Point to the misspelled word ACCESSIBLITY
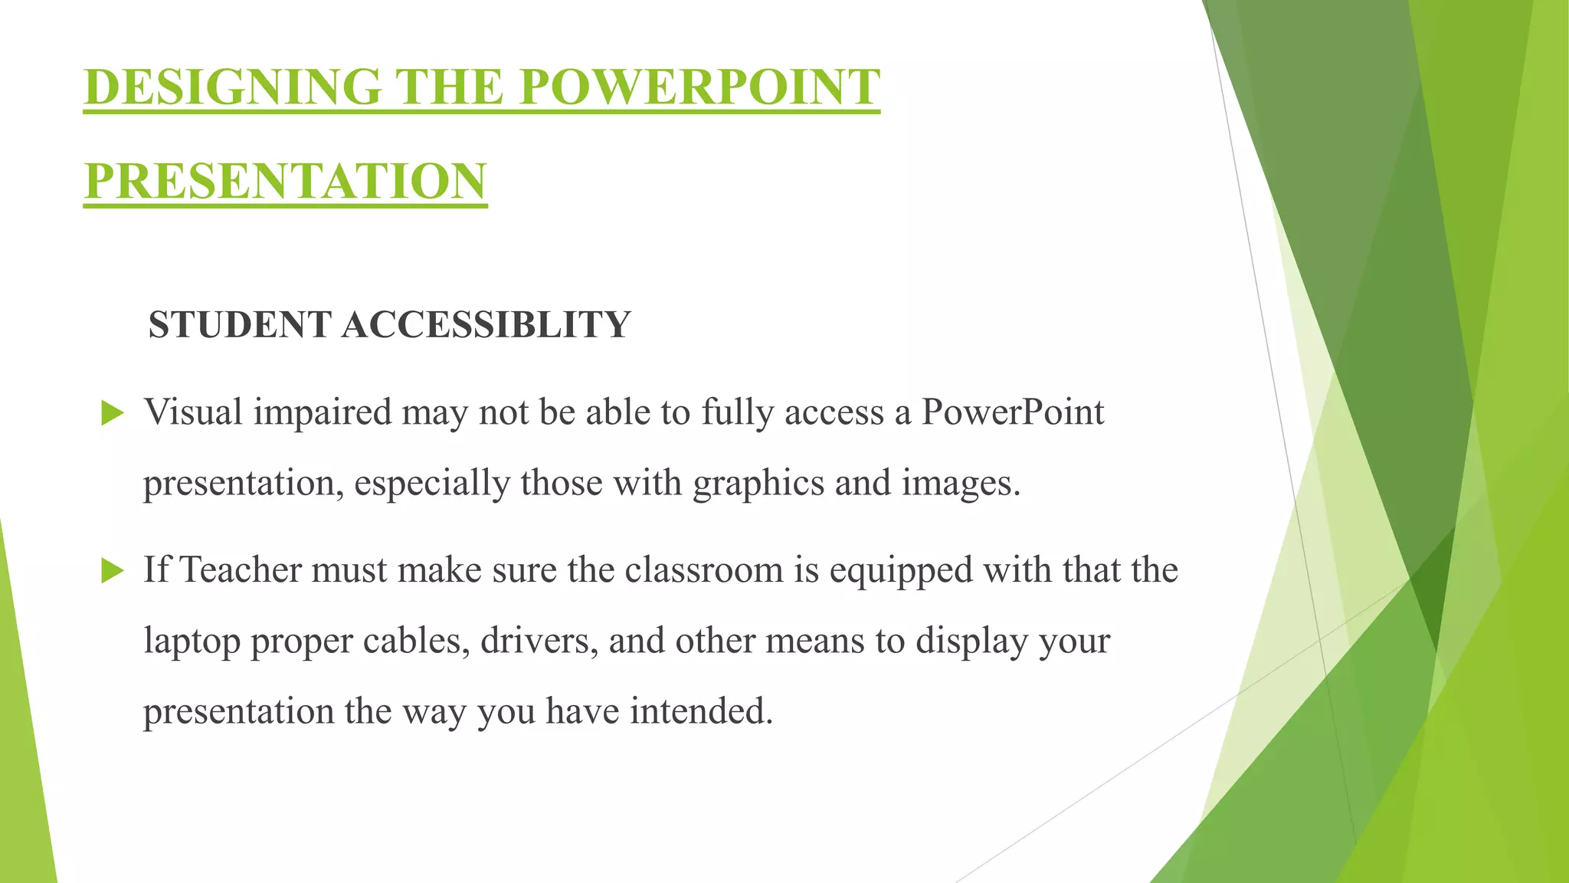(486, 324)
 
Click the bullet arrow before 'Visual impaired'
(112, 414)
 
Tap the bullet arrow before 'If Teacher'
(112, 571)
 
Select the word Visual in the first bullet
(193, 412)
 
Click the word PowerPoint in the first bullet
(1012, 412)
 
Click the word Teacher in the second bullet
(240, 570)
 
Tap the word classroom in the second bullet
(703, 570)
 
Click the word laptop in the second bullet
(192, 642)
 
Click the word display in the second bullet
(971, 641)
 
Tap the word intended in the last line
(701, 711)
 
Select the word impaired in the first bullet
(323, 414)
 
